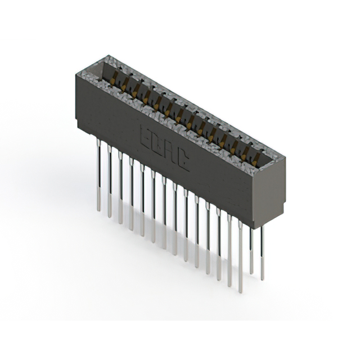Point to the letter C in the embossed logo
click(x=183, y=163)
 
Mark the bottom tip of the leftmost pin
click(x=98, y=210)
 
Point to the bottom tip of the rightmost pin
click(x=262, y=278)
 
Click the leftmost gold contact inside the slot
click(x=116, y=78)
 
